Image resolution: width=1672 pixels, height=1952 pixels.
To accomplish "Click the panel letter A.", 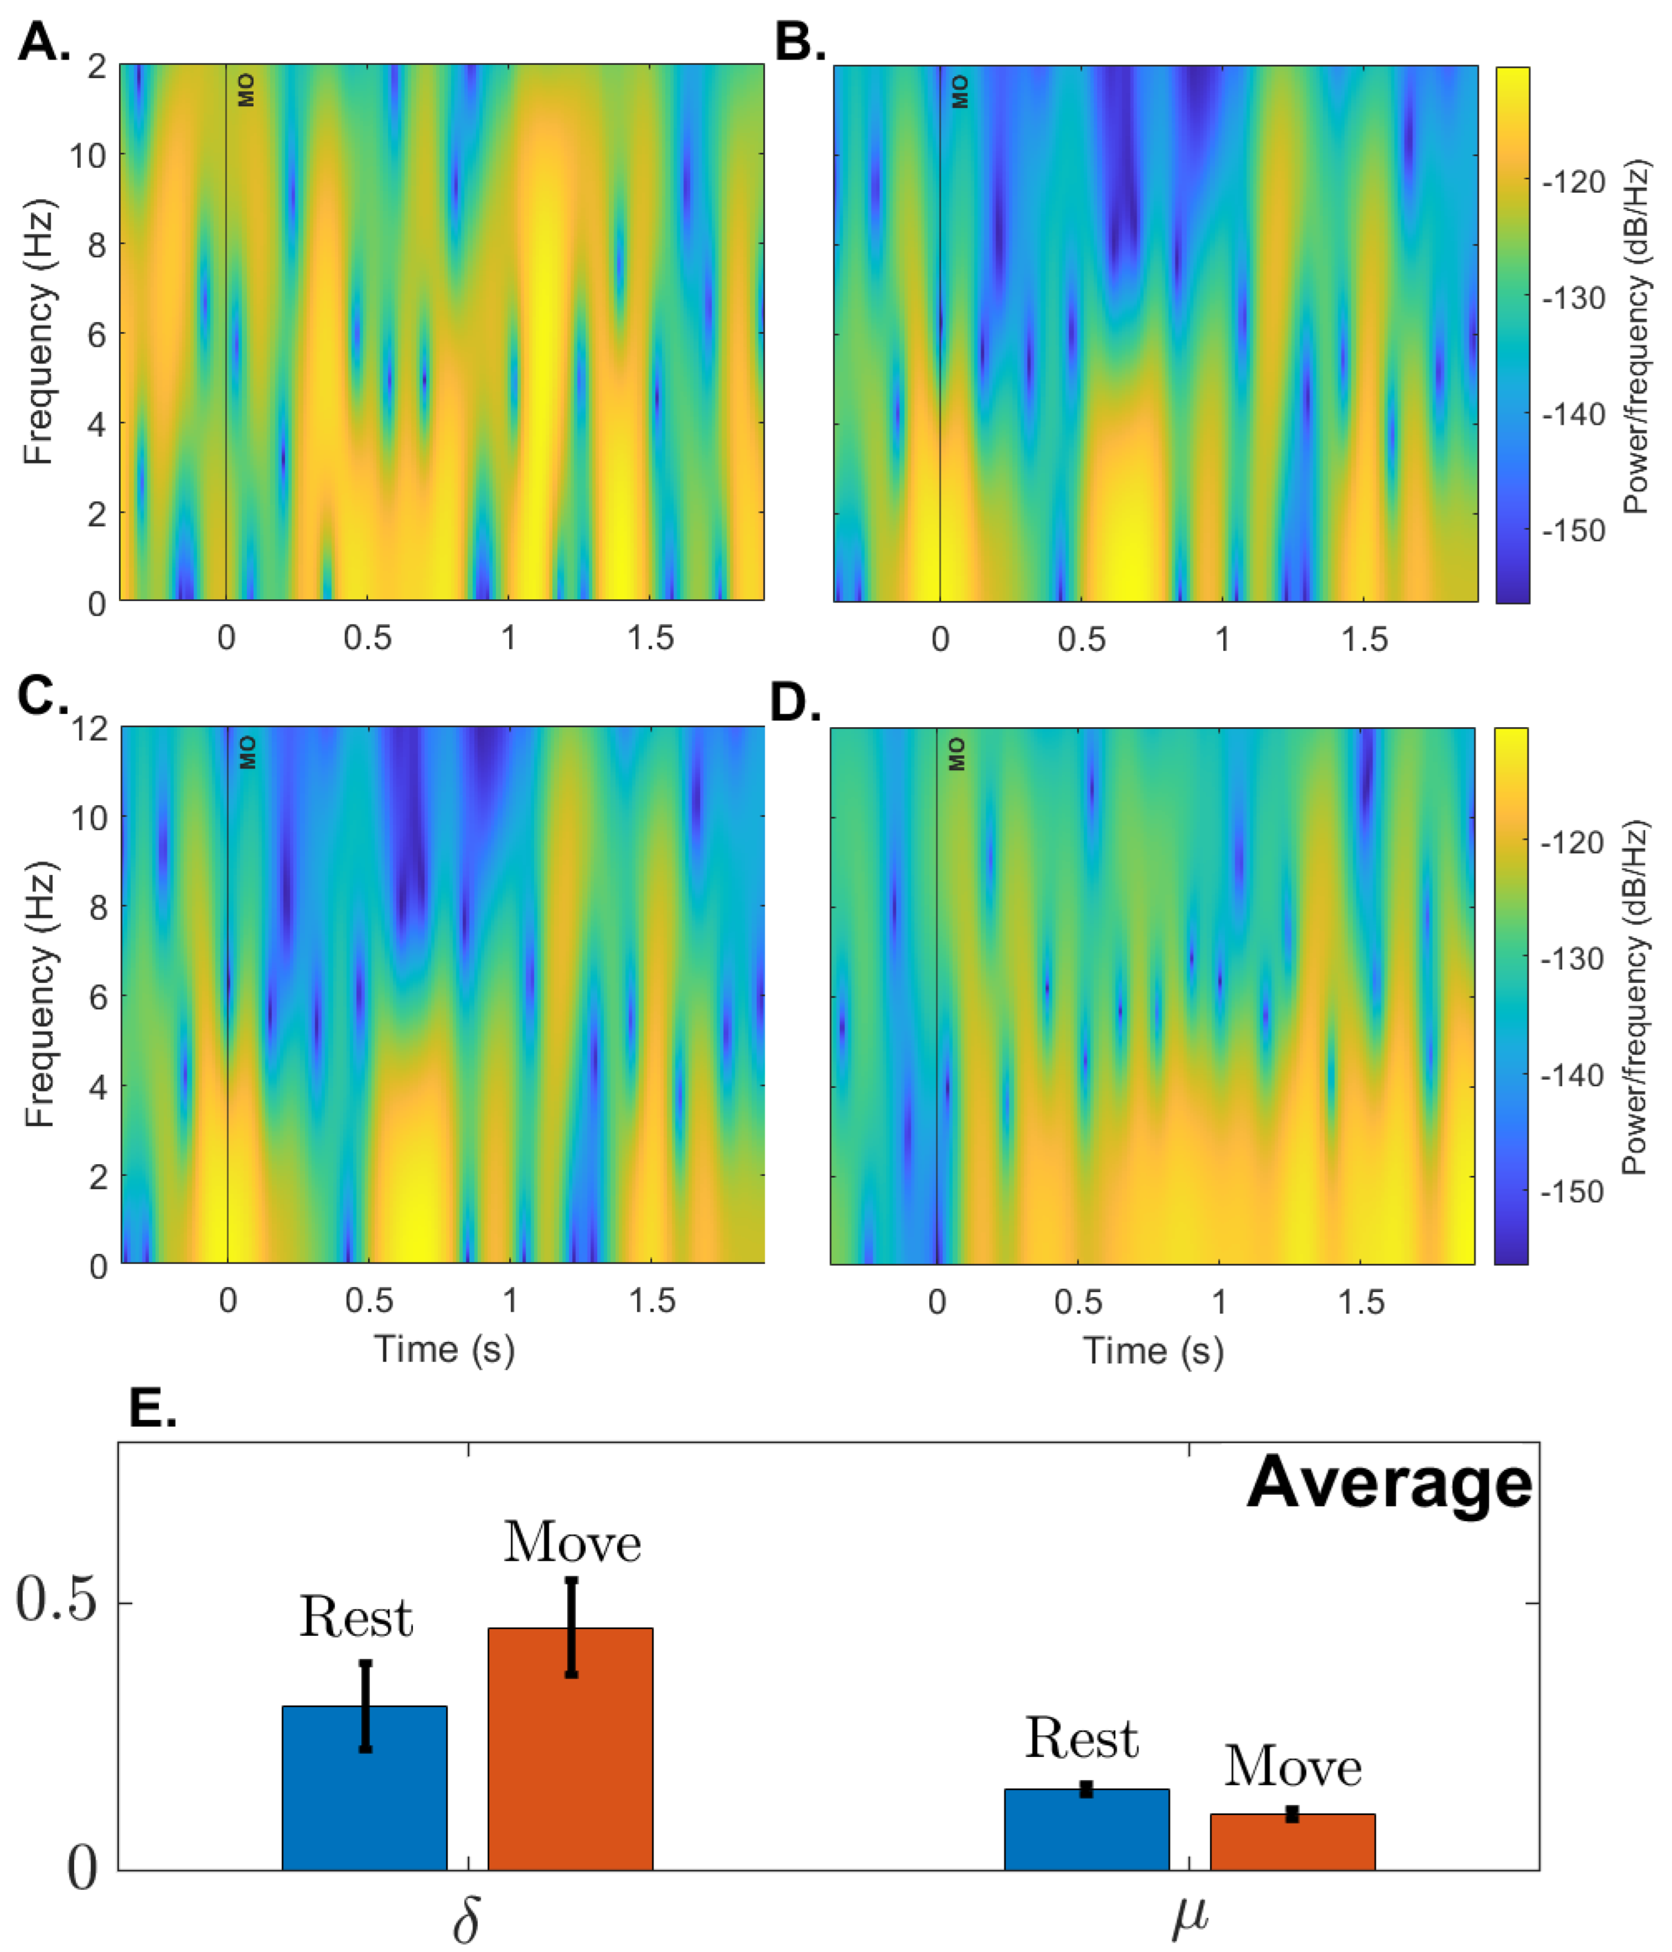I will coord(43,43).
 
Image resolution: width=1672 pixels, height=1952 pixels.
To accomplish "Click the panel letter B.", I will coord(798,43).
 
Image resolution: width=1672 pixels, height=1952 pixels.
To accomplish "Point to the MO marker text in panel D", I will coord(957,754).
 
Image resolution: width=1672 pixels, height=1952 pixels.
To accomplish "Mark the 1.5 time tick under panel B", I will coord(1364,640).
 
